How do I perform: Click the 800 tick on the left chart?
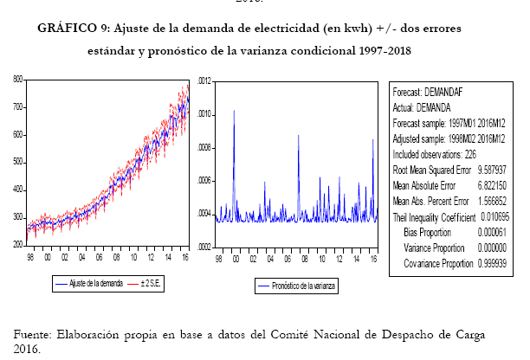point(18,80)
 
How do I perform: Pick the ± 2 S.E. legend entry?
point(157,283)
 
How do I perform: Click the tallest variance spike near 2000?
point(234,111)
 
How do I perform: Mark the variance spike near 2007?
point(299,136)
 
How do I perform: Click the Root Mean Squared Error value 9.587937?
point(488,171)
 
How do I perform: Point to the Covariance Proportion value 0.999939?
point(488,262)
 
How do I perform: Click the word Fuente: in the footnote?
point(36,334)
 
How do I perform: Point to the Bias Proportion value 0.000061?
point(488,232)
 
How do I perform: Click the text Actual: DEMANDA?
point(422,107)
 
